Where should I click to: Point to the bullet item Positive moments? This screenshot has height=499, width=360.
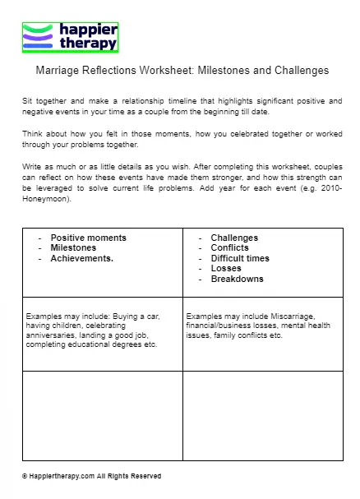88,238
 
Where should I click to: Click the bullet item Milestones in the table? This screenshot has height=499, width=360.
73,247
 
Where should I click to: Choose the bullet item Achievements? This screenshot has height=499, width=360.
82,257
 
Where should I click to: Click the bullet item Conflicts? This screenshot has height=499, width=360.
229,247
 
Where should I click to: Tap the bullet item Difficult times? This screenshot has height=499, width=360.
239,258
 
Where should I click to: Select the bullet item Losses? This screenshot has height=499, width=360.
226,268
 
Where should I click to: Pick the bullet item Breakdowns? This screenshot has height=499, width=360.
237,279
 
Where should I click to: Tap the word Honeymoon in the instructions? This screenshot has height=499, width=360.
48,199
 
